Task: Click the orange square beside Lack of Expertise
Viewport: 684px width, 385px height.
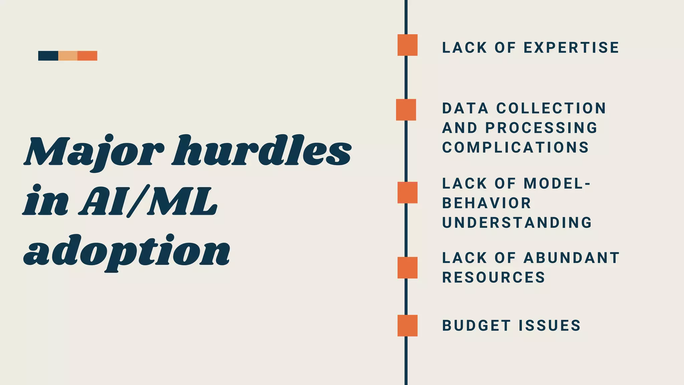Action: pyautogui.click(x=407, y=45)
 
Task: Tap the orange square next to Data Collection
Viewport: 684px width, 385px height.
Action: pyautogui.click(x=406, y=110)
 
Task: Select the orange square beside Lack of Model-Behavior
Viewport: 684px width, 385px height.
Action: pyautogui.click(x=407, y=192)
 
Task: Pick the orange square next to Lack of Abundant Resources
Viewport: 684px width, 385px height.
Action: pyautogui.click(x=407, y=268)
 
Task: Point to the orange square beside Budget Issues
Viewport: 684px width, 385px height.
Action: pyautogui.click(x=407, y=326)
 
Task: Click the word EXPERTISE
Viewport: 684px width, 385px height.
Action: pyautogui.click(x=571, y=47)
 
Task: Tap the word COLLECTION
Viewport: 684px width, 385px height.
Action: pyautogui.click(x=551, y=108)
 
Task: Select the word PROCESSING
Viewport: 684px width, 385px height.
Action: pyautogui.click(x=541, y=128)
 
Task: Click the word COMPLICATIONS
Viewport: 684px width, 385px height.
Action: pyautogui.click(x=516, y=147)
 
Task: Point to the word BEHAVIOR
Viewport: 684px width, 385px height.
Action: pyautogui.click(x=487, y=203)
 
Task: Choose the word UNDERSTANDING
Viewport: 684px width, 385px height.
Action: pyautogui.click(x=517, y=223)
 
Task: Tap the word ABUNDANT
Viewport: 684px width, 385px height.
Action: pyautogui.click(x=572, y=258)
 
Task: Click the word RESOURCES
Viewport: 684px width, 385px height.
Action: pyautogui.click(x=494, y=277)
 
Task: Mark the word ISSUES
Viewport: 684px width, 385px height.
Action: pyautogui.click(x=550, y=326)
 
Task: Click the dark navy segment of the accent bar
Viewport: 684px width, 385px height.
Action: pyautogui.click(x=48, y=56)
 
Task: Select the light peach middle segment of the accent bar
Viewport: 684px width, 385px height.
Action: pyautogui.click(x=68, y=56)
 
